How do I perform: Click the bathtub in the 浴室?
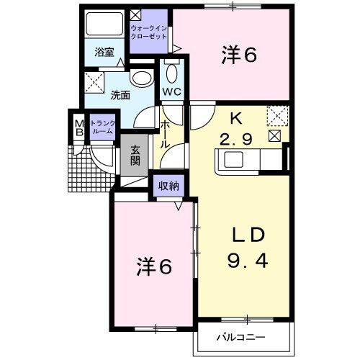click(x=104, y=24)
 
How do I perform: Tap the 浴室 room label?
click(x=104, y=52)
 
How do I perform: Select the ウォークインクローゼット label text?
click(x=148, y=32)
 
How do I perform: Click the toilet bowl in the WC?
click(x=172, y=74)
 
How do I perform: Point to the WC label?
click(x=172, y=91)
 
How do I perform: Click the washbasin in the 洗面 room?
click(x=142, y=78)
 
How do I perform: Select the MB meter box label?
click(x=79, y=128)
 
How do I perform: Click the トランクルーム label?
click(x=102, y=127)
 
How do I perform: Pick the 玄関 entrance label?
click(x=135, y=156)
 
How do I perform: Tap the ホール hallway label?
click(x=165, y=135)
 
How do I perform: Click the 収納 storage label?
click(x=168, y=185)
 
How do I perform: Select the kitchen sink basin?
click(x=233, y=159)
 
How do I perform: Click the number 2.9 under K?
click(x=236, y=140)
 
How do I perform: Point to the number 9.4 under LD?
click(x=248, y=261)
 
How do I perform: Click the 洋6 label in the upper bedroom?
click(x=239, y=55)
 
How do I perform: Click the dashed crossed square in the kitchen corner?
click(x=278, y=116)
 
